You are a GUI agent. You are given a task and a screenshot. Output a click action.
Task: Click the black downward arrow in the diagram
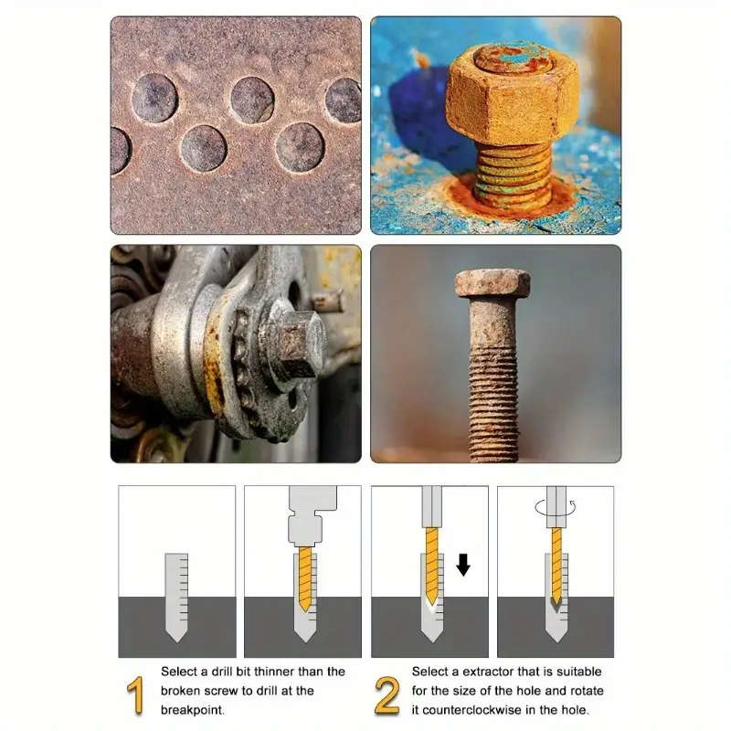point(463,565)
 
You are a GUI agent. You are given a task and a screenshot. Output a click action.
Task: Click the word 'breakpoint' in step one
point(194,708)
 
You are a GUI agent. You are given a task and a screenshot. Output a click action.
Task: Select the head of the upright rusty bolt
point(493,283)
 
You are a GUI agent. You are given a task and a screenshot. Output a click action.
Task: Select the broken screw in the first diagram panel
point(176,594)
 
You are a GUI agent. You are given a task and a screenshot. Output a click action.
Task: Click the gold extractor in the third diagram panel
point(431,567)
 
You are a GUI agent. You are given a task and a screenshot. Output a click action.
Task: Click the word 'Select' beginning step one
point(179,672)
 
